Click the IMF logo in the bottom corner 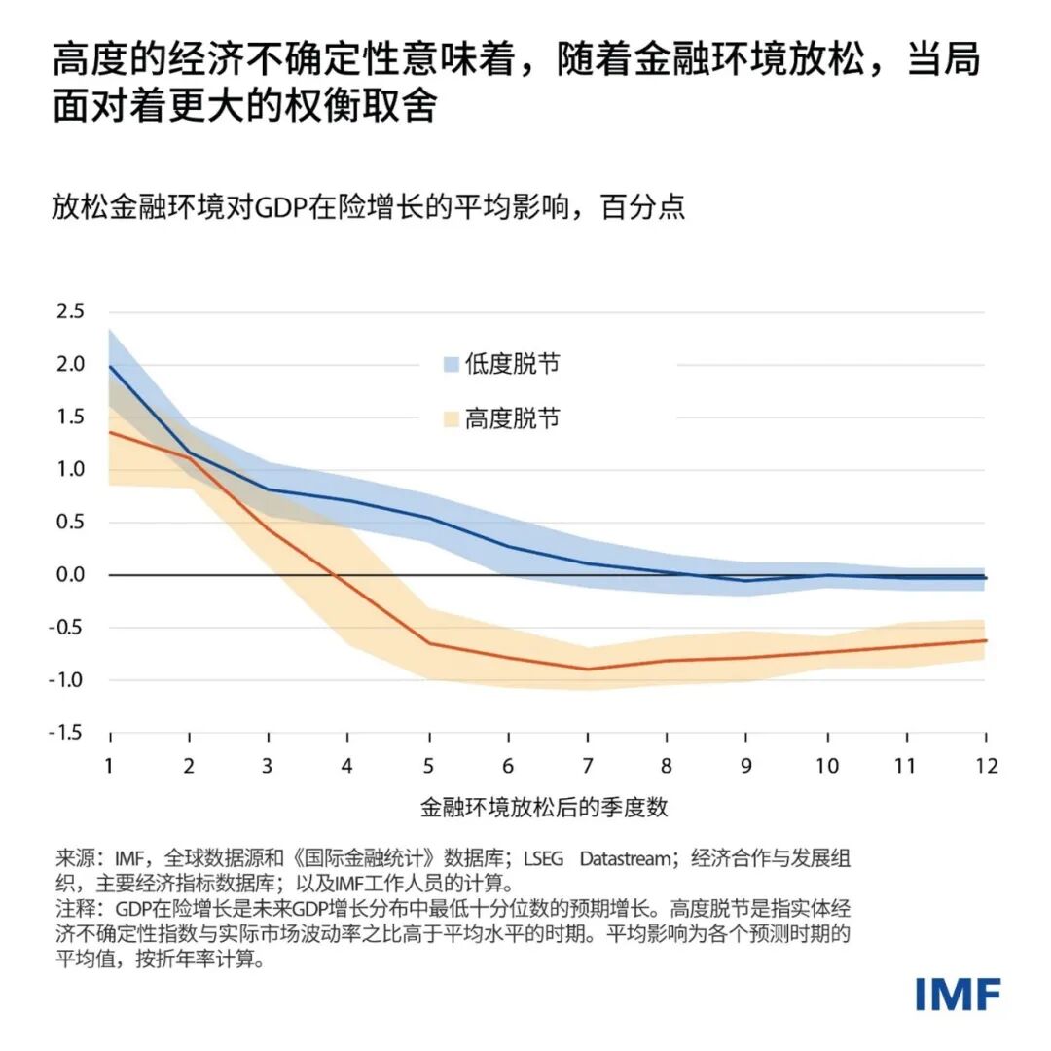(x=958, y=994)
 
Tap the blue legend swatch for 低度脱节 (x=451, y=365)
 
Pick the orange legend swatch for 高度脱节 (x=451, y=419)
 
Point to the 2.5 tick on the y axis (x=70, y=312)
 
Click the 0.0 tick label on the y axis (x=70, y=575)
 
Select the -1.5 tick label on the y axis (x=67, y=733)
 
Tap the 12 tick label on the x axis (x=985, y=766)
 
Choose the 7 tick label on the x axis (x=588, y=766)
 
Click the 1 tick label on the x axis (x=110, y=766)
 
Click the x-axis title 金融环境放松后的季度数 (x=544, y=808)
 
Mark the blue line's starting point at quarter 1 (x=110, y=366)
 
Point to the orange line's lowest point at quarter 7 (x=588, y=669)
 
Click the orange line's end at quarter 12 (x=985, y=640)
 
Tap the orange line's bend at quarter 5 (x=428, y=643)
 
